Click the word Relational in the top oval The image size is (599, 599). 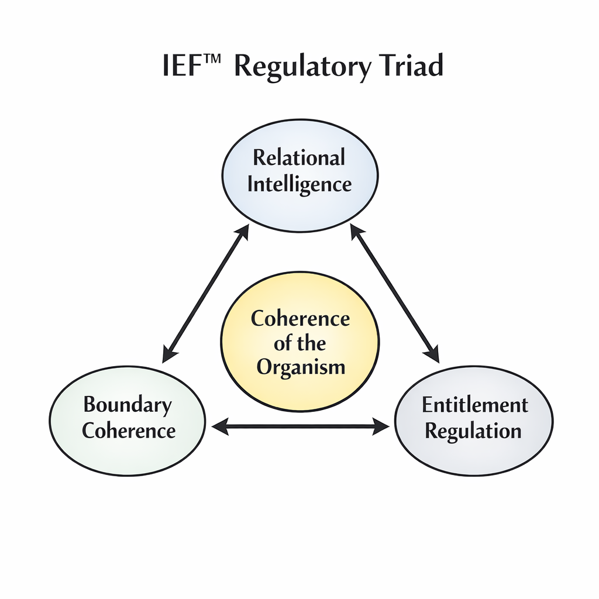[x=299, y=158]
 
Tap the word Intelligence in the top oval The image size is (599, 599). [x=299, y=184]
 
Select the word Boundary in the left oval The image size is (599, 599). [x=128, y=405]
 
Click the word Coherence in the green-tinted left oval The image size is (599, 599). [x=129, y=431]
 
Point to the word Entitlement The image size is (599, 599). [x=474, y=405]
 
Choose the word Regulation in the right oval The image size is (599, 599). [x=473, y=431]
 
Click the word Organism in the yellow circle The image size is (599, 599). [x=301, y=368]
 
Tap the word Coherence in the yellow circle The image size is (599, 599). [x=300, y=319]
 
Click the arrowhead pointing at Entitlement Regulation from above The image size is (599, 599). [x=433, y=354]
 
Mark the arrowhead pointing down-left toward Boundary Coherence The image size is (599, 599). [x=168, y=354]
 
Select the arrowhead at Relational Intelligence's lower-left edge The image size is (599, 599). [x=243, y=230]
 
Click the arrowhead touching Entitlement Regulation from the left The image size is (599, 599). [x=382, y=427]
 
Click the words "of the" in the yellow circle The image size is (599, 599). [x=299, y=343]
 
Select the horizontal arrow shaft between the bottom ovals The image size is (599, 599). [x=300, y=427]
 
